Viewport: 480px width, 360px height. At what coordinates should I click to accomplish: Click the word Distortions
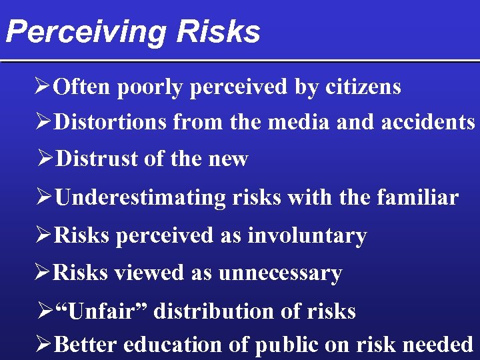111,122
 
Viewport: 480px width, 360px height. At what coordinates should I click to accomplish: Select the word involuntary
307,235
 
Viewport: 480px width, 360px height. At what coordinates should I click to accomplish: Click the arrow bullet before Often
44,87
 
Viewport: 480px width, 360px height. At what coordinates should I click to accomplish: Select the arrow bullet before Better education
44,345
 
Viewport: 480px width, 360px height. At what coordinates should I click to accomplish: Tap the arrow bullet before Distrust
47,159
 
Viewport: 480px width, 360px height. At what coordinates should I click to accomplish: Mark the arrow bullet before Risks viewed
43,273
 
